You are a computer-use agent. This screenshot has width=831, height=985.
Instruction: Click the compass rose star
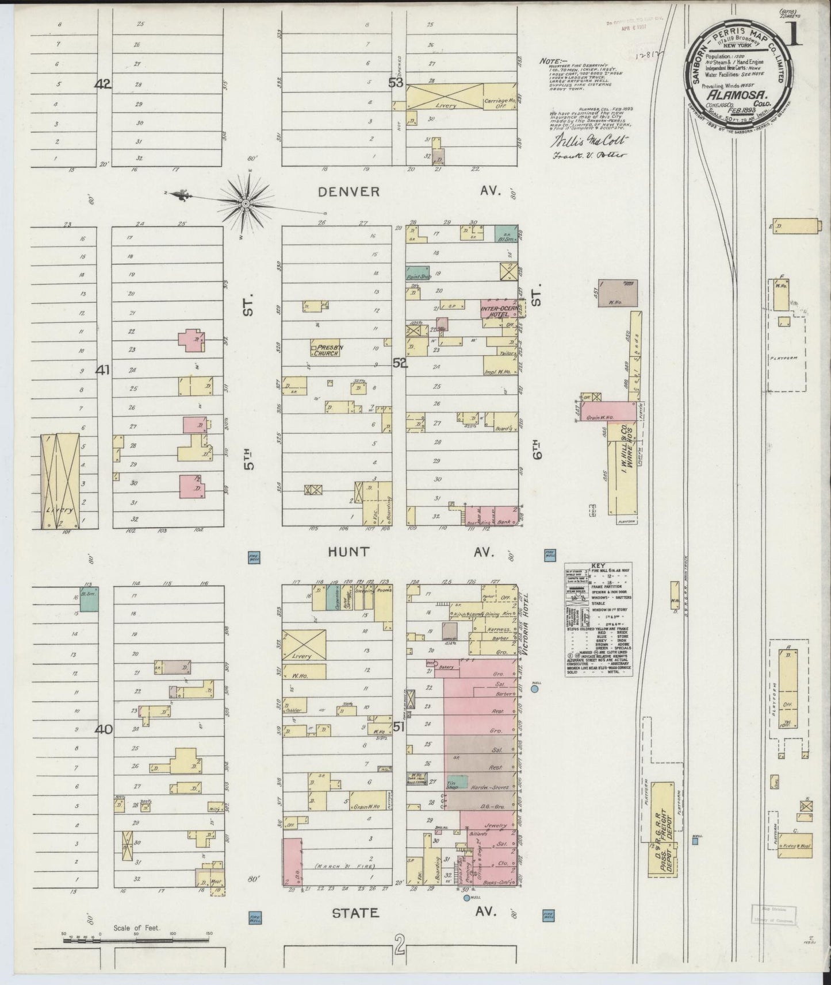[x=246, y=203]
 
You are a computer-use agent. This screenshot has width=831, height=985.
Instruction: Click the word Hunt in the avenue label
[x=348, y=552]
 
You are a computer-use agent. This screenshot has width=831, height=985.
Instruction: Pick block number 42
[x=103, y=84]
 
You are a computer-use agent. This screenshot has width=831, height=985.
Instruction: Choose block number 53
[x=395, y=83]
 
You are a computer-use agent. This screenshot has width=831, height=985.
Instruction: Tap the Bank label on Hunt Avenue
[x=506, y=513]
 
